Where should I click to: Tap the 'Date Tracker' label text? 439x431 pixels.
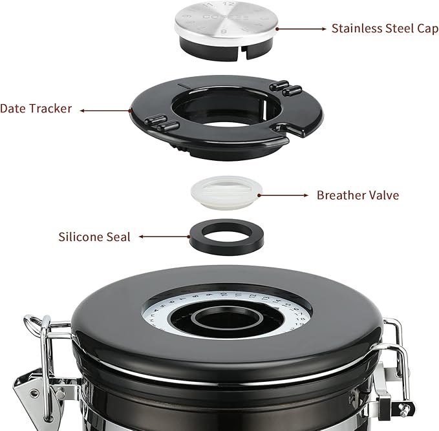[36, 109]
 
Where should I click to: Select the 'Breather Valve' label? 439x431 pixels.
[358, 194]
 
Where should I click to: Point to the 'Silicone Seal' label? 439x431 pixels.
[94, 237]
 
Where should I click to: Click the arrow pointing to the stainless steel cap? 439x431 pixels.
[301, 28]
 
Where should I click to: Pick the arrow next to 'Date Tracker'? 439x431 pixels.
[103, 110]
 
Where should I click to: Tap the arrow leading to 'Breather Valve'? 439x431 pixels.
[284, 194]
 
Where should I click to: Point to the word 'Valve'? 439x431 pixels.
[383, 194]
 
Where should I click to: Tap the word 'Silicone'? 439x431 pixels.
[80, 237]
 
